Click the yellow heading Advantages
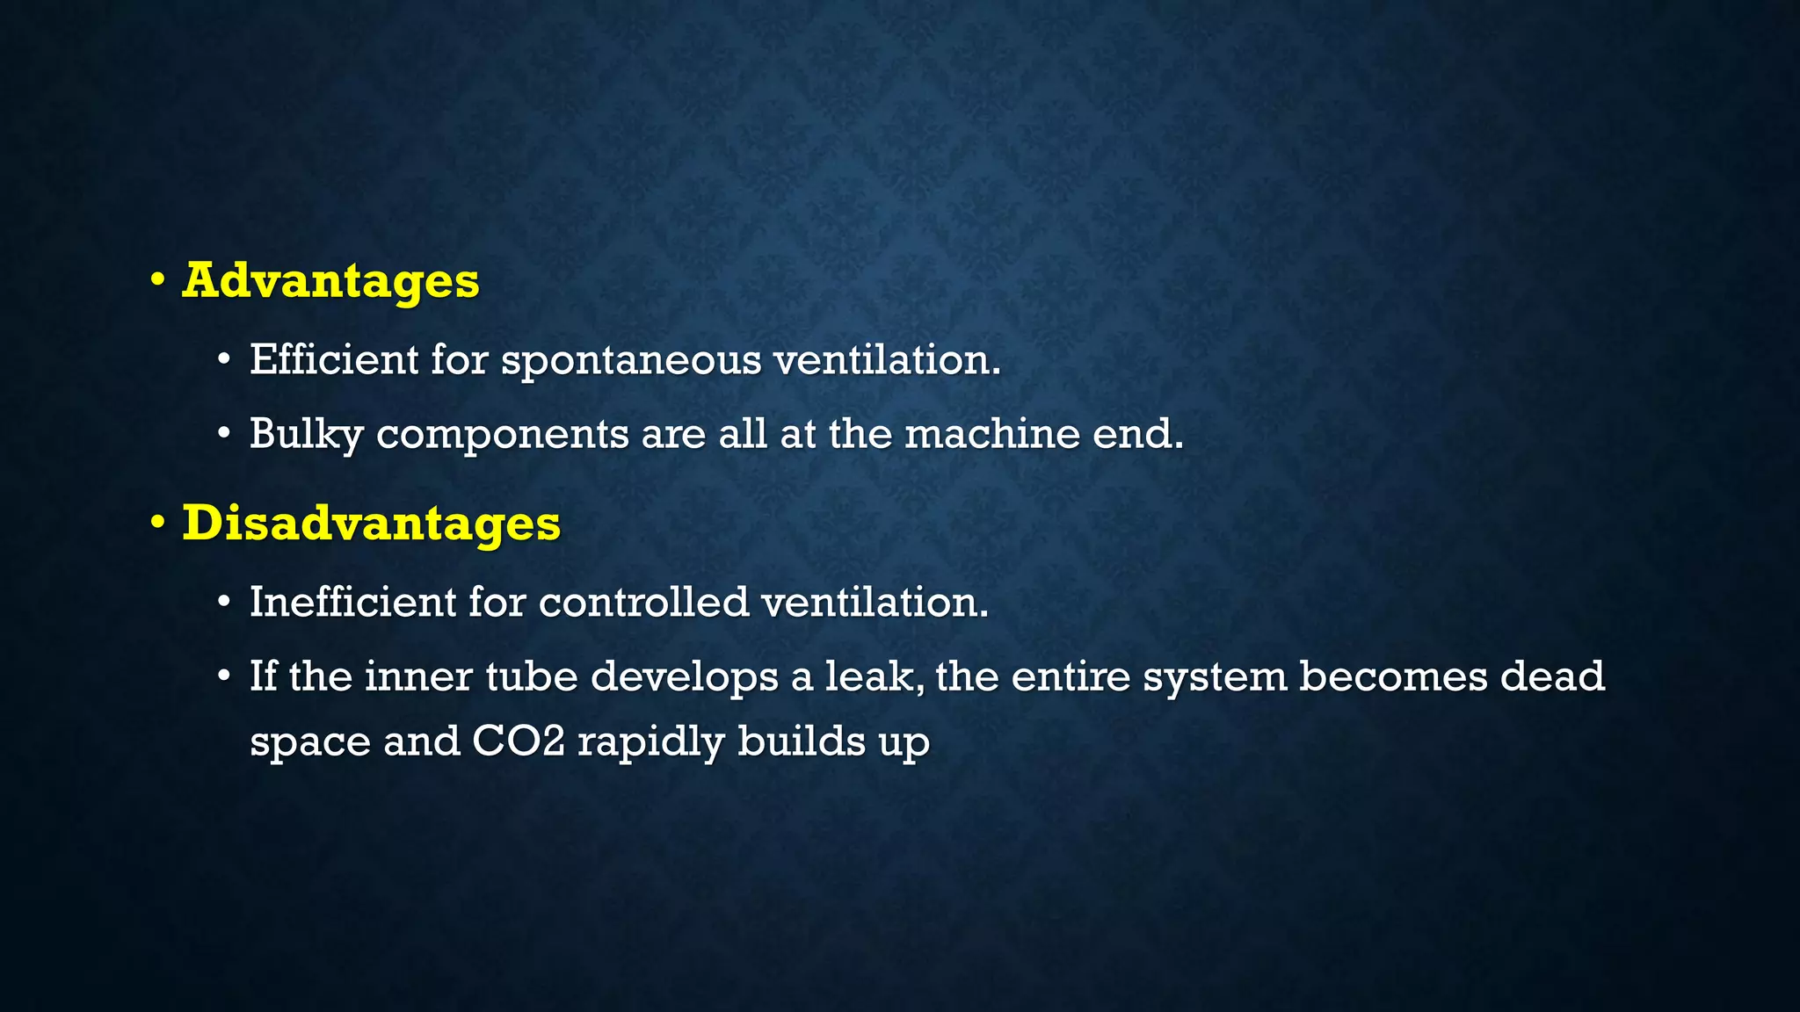tap(330, 281)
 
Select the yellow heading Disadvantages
tap(371, 524)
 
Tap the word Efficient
tap(334, 359)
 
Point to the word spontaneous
tap(631, 361)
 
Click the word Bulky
tap(306, 434)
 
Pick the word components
tap(503, 436)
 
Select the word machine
tap(992, 434)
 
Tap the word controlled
tap(643, 602)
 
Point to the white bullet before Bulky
tap(225, 434)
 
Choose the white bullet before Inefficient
tap(225, 603)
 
